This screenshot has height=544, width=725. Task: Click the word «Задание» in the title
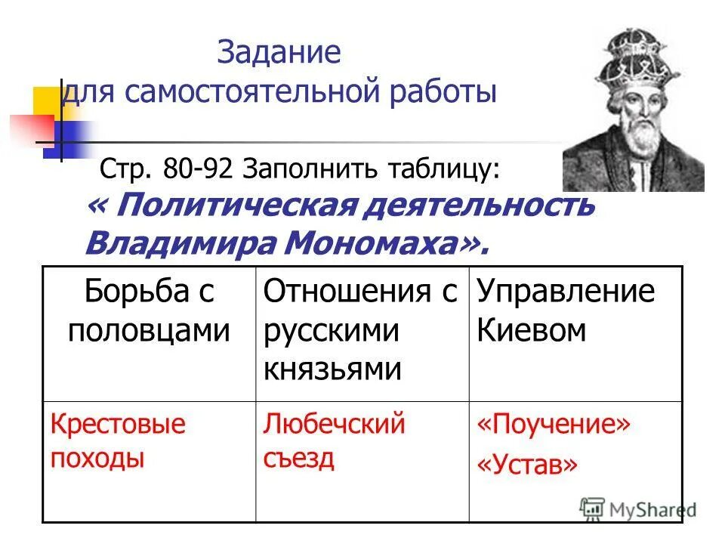click(279, 54)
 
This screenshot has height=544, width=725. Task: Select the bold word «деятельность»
click(483, 205)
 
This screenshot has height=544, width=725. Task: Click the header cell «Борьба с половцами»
click(149, 311)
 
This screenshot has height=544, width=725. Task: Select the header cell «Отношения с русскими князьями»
click(360, 330)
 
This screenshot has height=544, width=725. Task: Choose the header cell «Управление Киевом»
click(566, 311)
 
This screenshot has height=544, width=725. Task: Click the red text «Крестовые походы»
click(118, 441)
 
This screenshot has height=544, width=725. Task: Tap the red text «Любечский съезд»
click(335, 441)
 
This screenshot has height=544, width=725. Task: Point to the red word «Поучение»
click(553, 425)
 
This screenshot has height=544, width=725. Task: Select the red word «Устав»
click(527, 465)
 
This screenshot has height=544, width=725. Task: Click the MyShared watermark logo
click(639, 508)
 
